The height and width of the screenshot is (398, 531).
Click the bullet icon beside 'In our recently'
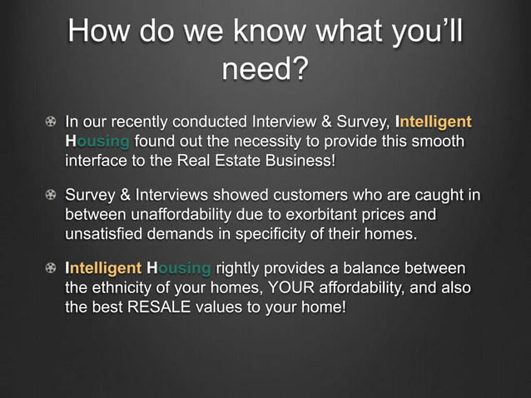(x=52, y=122)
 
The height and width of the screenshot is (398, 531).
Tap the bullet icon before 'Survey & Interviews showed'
(x=52, y=197)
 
